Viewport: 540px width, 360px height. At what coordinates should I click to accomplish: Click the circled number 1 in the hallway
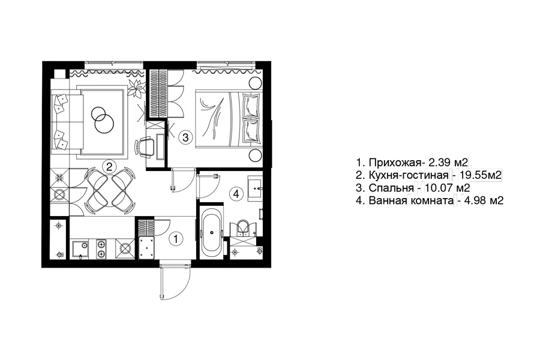176,239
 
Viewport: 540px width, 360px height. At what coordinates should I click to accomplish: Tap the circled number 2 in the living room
109,167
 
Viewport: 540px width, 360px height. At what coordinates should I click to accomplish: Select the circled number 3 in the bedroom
185,137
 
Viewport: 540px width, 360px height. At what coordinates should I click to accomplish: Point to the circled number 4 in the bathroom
236,194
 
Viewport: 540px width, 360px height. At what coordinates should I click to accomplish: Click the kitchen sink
80,249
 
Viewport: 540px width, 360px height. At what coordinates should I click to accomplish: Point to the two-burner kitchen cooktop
101,249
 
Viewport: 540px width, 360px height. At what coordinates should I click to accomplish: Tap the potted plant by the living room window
136,87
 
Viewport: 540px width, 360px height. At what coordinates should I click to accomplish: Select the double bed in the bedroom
229,119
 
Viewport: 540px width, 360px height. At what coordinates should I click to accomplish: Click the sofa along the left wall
67,122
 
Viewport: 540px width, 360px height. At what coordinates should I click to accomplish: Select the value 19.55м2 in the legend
480,175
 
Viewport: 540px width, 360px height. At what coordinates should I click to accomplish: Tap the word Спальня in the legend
391,188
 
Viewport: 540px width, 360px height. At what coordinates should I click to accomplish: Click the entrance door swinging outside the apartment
175,281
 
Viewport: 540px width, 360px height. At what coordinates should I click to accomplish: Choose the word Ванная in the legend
388,200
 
